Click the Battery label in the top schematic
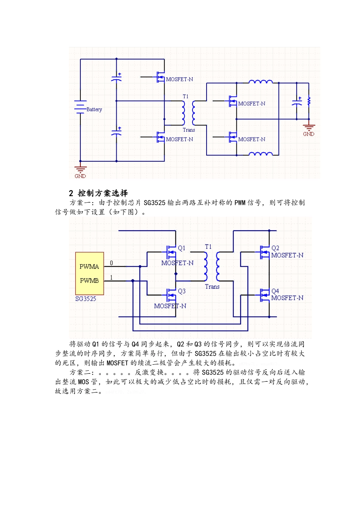94,109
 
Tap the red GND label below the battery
80,176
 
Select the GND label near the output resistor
308,134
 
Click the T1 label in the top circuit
185,97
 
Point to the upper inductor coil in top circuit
260,81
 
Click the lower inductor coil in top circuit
260,153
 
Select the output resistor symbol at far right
309,101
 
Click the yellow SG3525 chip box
89,273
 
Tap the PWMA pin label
89,267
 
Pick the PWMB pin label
89,281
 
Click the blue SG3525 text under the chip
86,299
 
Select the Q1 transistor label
182,248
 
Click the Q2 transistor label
275,248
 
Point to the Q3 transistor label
182,291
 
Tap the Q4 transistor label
275,291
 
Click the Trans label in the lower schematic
212,287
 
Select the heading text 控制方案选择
103,193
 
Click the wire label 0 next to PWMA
111,263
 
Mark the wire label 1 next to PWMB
111,278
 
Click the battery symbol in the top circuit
80,107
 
